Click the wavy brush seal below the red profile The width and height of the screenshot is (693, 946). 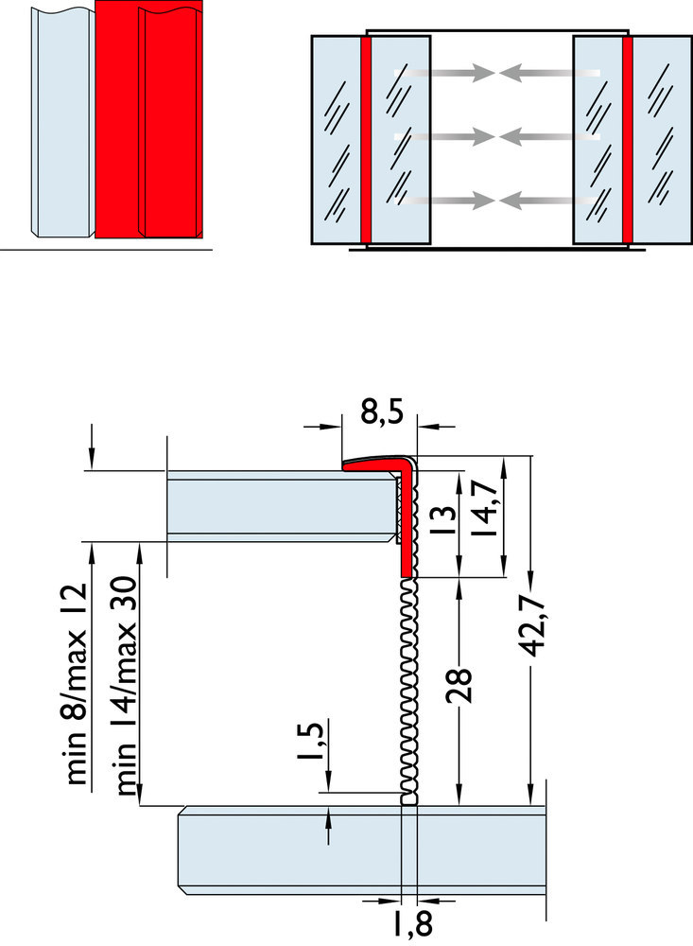tap(409, 691)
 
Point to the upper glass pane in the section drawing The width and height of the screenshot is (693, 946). tap(279, 506)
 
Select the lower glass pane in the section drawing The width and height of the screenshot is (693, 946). tap(359, 850)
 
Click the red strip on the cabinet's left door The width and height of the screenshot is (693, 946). tap(366, 140)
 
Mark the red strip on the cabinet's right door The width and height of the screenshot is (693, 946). tap(627, 140)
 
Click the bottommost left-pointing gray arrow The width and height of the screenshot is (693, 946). tap(548, 200)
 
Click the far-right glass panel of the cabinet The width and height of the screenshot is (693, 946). tap(662, 140)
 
